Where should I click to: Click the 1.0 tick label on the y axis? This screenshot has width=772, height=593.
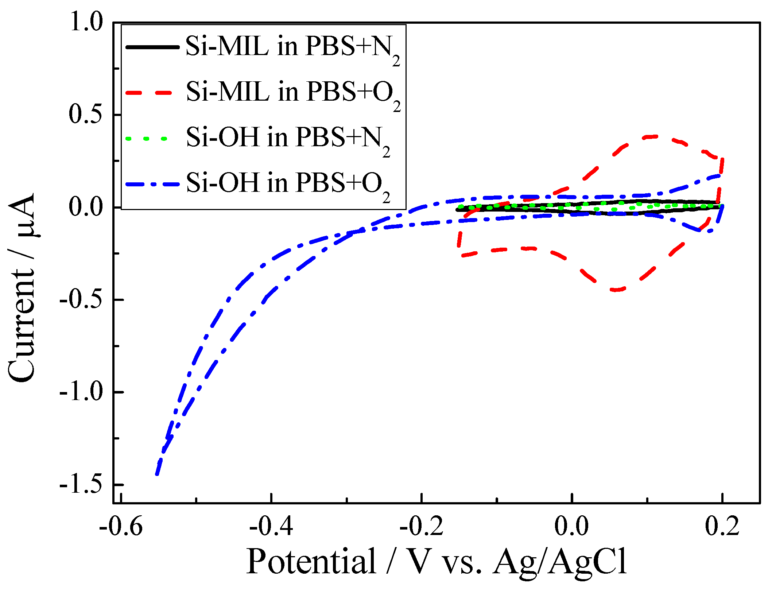pyautogui.click(x=86, y=22)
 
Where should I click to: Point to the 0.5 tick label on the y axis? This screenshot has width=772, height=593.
pyautogui.click(x=86, y=114)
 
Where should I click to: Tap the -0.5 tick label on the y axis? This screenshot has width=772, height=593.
pyautogui.click(x=82, y=299)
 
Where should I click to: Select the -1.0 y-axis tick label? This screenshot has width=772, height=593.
pyautogui.click(x=82, y=392)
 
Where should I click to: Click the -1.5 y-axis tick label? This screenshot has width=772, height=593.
pyautogui.click(x=82, y=485)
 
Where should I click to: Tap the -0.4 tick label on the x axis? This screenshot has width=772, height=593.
pyautogui.click(x=271, y=526)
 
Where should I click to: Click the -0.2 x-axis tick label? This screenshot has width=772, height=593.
pyautogui.click(x=422, y=526)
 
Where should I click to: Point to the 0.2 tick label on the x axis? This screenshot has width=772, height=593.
pyautogui.click(x=722, y=526)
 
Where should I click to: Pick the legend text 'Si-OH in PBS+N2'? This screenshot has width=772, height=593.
pyautogui.click(x=288, y=139)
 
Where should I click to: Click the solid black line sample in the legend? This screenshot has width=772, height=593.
pyautogui.click(x=152, y=47)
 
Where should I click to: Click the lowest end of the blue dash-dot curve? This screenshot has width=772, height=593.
pyautogui.click(x=157, y=474)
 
